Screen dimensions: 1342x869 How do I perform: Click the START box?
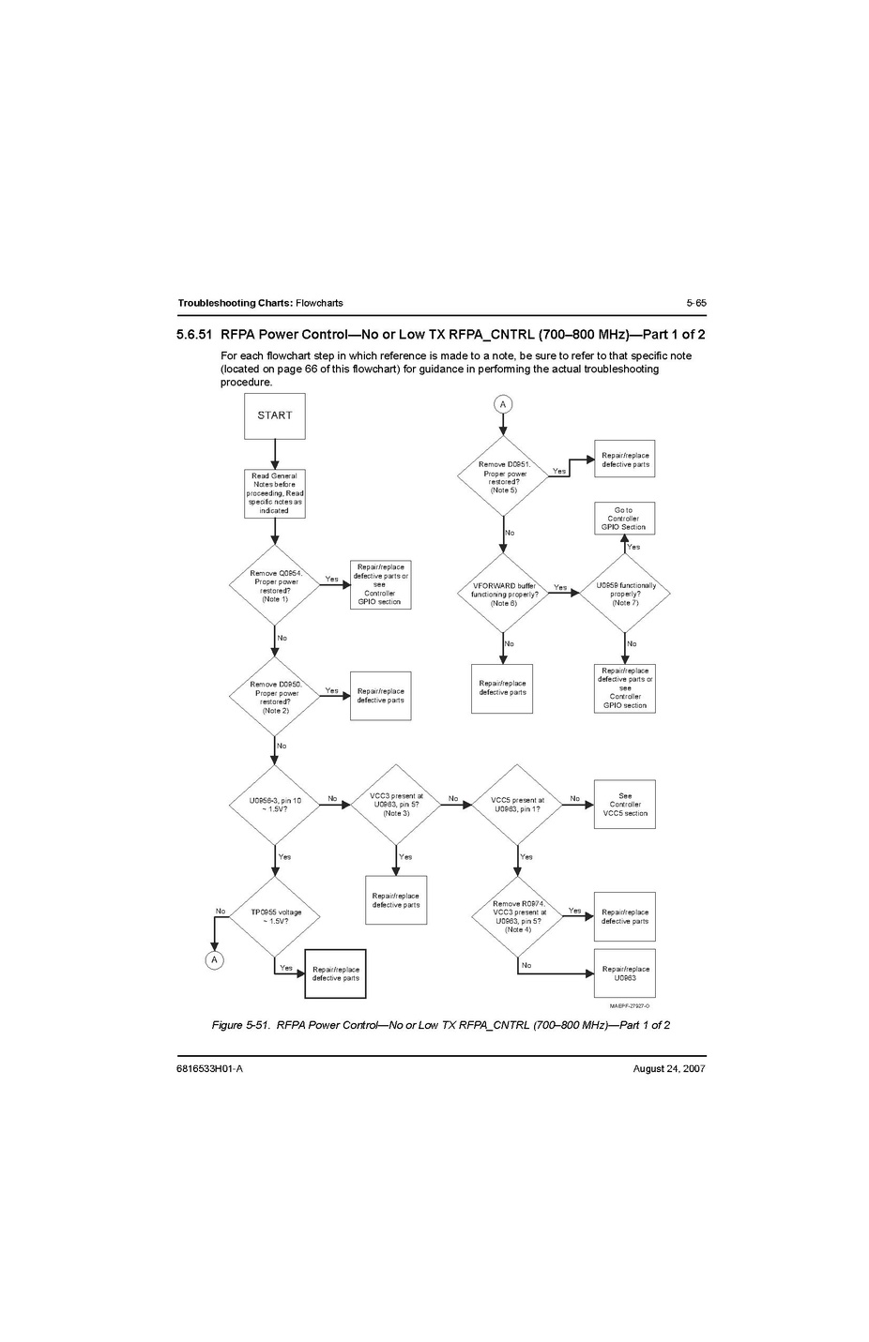pyautogui.click(x=275, y=415)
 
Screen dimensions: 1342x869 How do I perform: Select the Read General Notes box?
pyautogui.click(x=275, y=493)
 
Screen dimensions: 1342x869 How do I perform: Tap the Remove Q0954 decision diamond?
pyautogui.click(x=275, y=586)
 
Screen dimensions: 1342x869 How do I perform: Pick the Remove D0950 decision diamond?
pyautogui.click(x=275, y=697)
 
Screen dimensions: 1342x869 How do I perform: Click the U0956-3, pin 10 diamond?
pyautogui.click(x=275, y=805)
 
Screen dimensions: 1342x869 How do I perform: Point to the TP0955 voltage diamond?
pyautogui.click(x=276, y=916)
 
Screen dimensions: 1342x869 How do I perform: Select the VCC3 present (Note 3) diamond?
pyautogui.click(x=396, y=805)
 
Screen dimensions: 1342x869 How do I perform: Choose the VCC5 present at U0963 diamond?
pyautogui.click(x=517, y=805)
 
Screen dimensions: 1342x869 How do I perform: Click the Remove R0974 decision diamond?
pyautogui.click(x=518, y=916)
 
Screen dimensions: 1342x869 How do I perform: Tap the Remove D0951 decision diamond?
pyautogui.click(x=504, y=476)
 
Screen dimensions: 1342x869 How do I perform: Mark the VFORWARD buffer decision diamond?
pyautogui.click(x=503, y=594)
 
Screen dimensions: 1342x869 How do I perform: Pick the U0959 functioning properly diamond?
pyautogui.click(x=625, y=594)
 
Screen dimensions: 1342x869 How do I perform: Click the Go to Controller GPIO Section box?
pyautogui.click(x=624, y=519)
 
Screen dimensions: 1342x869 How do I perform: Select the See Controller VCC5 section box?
pyautogui.click(x=625, y=805)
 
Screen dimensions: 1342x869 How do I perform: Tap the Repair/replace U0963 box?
pyautogui.click(x=625, y=973)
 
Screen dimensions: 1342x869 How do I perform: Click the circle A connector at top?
pyautogui.click(x=503, y=404)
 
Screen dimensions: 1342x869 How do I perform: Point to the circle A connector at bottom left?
pyautogui.click(x=215, y=959)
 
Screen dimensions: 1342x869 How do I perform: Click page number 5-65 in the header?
pyautogui.click(x=695, y=303)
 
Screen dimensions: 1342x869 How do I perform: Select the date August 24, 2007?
pyautogui.click(x=669, y=1069)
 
